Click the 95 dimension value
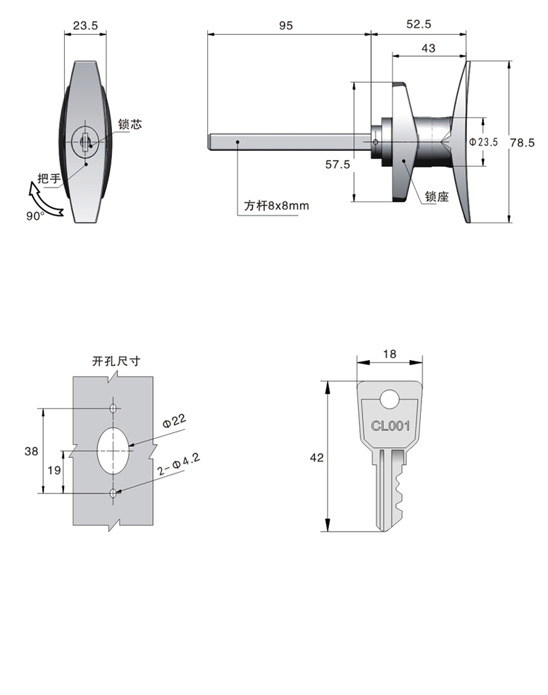click(x=286, y=25)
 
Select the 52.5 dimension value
click(x=419, y=25)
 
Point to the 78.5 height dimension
click(x=524, y=142)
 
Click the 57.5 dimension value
click(x=338, y=164)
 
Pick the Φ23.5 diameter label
click(x=484, y=142)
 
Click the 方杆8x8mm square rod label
click(x=275, y=206)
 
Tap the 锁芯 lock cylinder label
click(x=129, y=124)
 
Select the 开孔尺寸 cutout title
click(x=116, y=361)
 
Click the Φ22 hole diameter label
click(x=174, y=420)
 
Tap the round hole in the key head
click(x=389, y=399)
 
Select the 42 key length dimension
click(x=316, y=457)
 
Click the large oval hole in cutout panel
click(x=113, y=450)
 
